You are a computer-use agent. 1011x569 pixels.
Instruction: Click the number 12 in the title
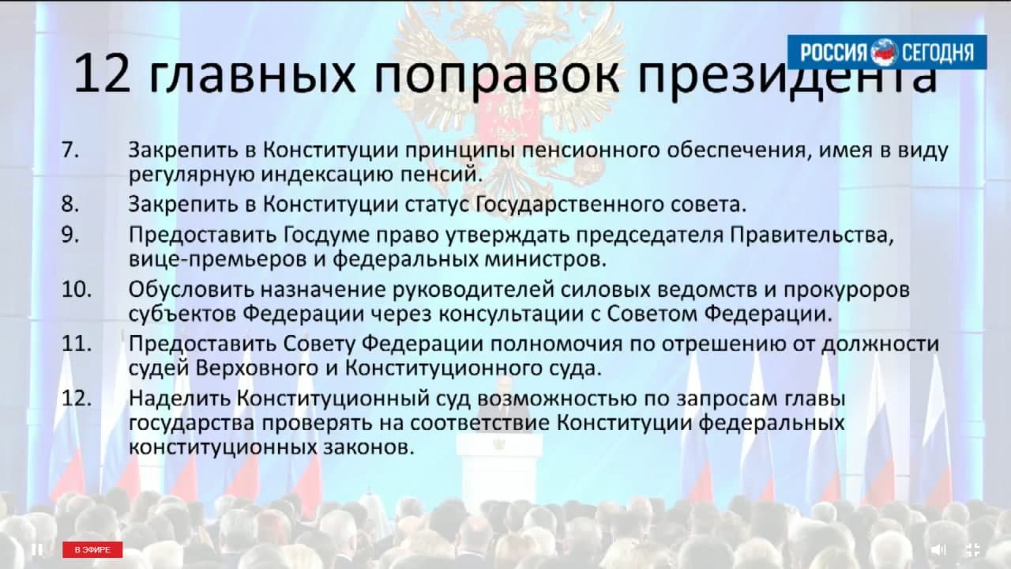[102, 73]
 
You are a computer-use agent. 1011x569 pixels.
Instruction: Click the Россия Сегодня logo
[887, 52]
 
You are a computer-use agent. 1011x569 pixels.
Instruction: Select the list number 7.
[70, 150]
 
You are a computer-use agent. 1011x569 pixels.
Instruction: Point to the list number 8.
[70, 204]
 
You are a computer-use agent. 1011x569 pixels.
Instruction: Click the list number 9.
[70, 235]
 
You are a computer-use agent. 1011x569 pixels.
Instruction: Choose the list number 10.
[77, 289]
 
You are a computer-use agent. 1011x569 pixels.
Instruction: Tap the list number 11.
[77, 344]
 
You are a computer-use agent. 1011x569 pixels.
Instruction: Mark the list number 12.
[77, 399]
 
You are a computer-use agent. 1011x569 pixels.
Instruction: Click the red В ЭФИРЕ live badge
[92, 549]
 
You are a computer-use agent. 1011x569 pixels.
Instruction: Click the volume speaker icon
[938, 549]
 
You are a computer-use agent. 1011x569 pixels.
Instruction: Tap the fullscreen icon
[973, 549]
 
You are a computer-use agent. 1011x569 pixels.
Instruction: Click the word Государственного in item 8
[569, 205]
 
